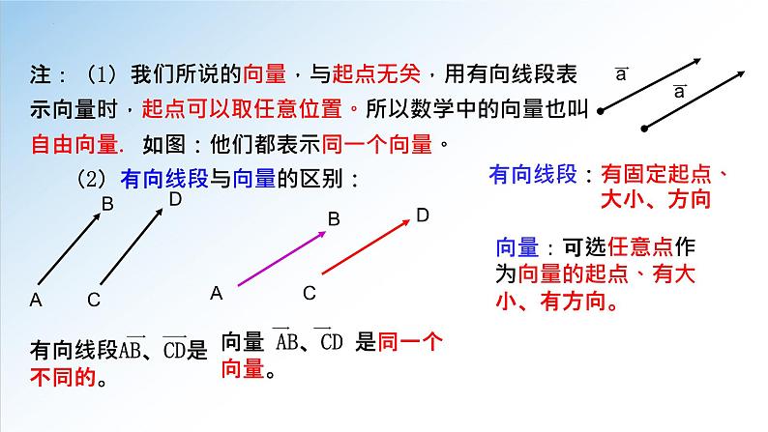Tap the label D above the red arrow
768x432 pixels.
coord(422,215)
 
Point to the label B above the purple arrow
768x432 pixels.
coord(334,220)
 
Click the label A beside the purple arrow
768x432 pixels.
coord(217,292)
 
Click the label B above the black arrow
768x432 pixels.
coord(107,204)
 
